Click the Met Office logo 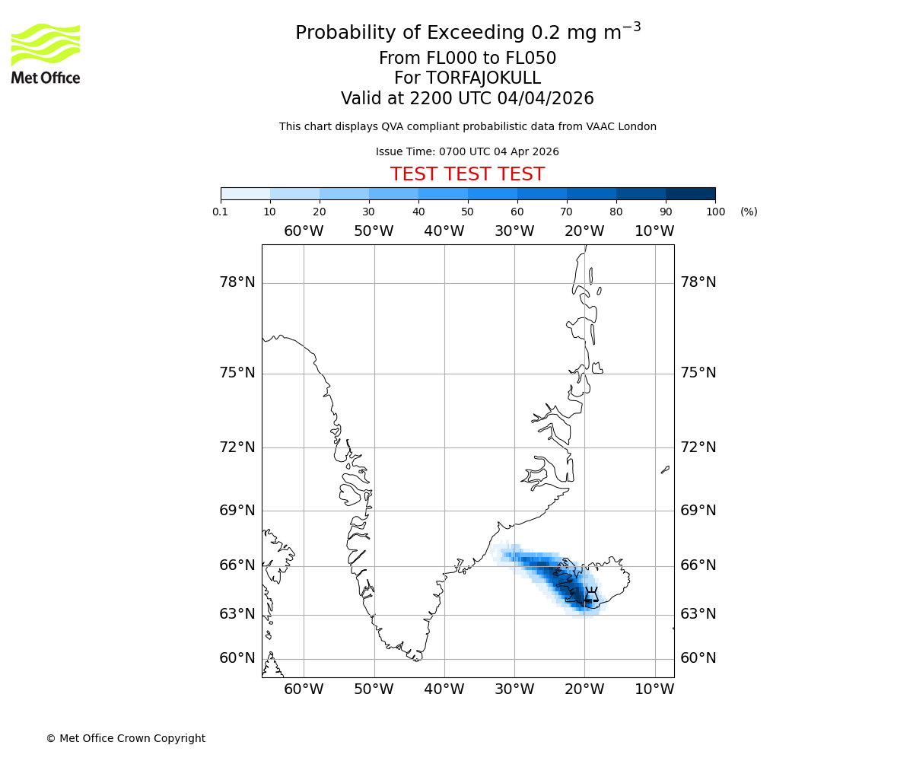tap(46, 53)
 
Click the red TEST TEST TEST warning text tap(467, 174)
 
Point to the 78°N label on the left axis tap(237, 282)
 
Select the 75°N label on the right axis tap(698, 372)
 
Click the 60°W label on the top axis tap(304, 231)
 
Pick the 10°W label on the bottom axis tap(654, 689)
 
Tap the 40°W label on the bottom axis tap(444, 689)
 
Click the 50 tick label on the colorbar tap(467, 212)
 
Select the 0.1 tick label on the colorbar tap(221, 212)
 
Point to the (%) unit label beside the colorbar tap(749, 212)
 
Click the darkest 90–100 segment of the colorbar tap(690, 193)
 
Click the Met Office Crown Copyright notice tap(126, 738)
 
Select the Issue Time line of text tap(467, 151)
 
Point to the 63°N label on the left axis tap(237, 613)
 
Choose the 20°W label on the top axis tap(584, 231)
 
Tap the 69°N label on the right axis tap(698, 510)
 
